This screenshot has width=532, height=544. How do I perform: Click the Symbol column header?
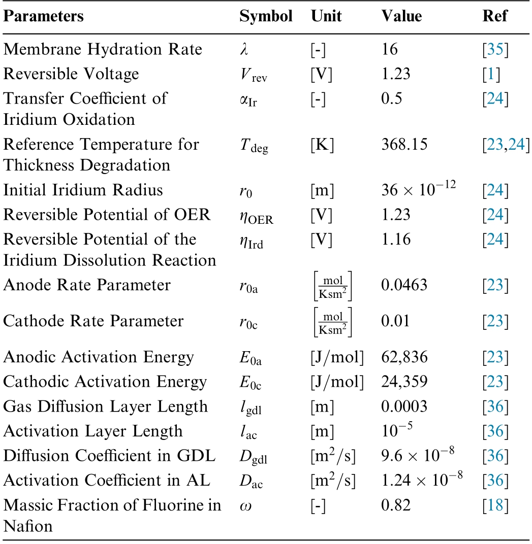point(266,16)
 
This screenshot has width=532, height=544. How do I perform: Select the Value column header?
point(401,16)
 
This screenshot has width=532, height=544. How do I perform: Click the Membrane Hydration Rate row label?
point(103,49)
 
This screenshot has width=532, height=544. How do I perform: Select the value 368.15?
point(404,144)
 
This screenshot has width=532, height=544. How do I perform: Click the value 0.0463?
point(404,285)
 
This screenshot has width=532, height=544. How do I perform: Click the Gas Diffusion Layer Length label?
point(106,406)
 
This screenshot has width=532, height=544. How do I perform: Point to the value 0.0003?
point(404,406)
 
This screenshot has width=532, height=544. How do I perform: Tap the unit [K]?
point(323,144)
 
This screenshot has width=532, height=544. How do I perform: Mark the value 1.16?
point(395,239)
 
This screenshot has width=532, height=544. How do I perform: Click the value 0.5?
point(392,98)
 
